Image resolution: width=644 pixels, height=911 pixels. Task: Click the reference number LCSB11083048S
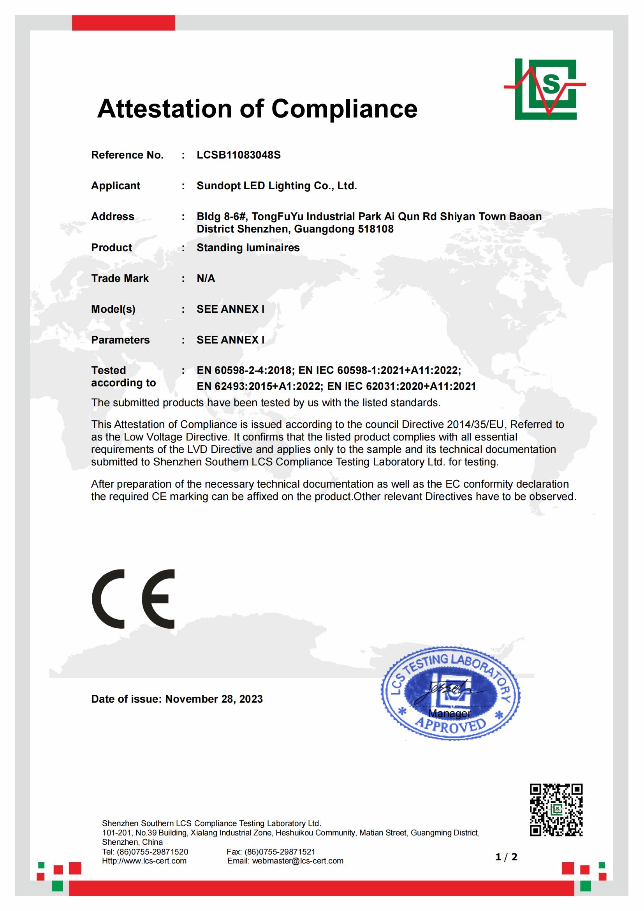coord(238,155)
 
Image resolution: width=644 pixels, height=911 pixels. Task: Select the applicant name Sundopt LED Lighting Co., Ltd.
coord(276,186)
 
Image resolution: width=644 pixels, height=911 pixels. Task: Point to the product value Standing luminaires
coord(248,248)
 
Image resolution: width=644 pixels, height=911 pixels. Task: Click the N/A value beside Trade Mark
coord(206,278)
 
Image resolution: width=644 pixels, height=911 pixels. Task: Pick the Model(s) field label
coord(113,309)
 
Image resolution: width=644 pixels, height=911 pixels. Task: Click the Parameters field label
coord(120,340)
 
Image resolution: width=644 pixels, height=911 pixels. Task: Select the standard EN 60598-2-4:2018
coord(244,370)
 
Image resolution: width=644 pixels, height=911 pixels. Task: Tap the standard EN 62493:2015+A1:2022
coord(259,386)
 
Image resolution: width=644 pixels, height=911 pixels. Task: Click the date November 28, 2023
coord(214,699)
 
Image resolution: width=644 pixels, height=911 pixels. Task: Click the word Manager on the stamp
coord(449,714)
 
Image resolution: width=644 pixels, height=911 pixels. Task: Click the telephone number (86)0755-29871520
coord(152,851)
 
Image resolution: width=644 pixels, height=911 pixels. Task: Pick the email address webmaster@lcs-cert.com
coord(297,861)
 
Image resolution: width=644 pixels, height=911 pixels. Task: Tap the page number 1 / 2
coord(507,857)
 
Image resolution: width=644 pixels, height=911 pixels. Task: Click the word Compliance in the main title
coord(344,109)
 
